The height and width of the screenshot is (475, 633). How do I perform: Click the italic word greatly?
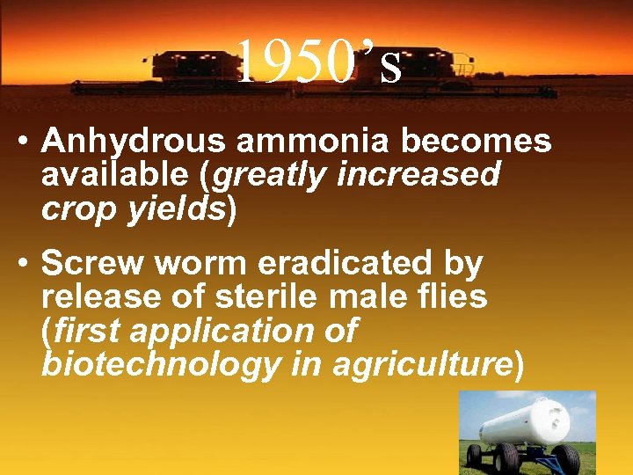coord(271,176)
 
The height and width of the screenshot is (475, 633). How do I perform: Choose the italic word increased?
coord(418,174)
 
